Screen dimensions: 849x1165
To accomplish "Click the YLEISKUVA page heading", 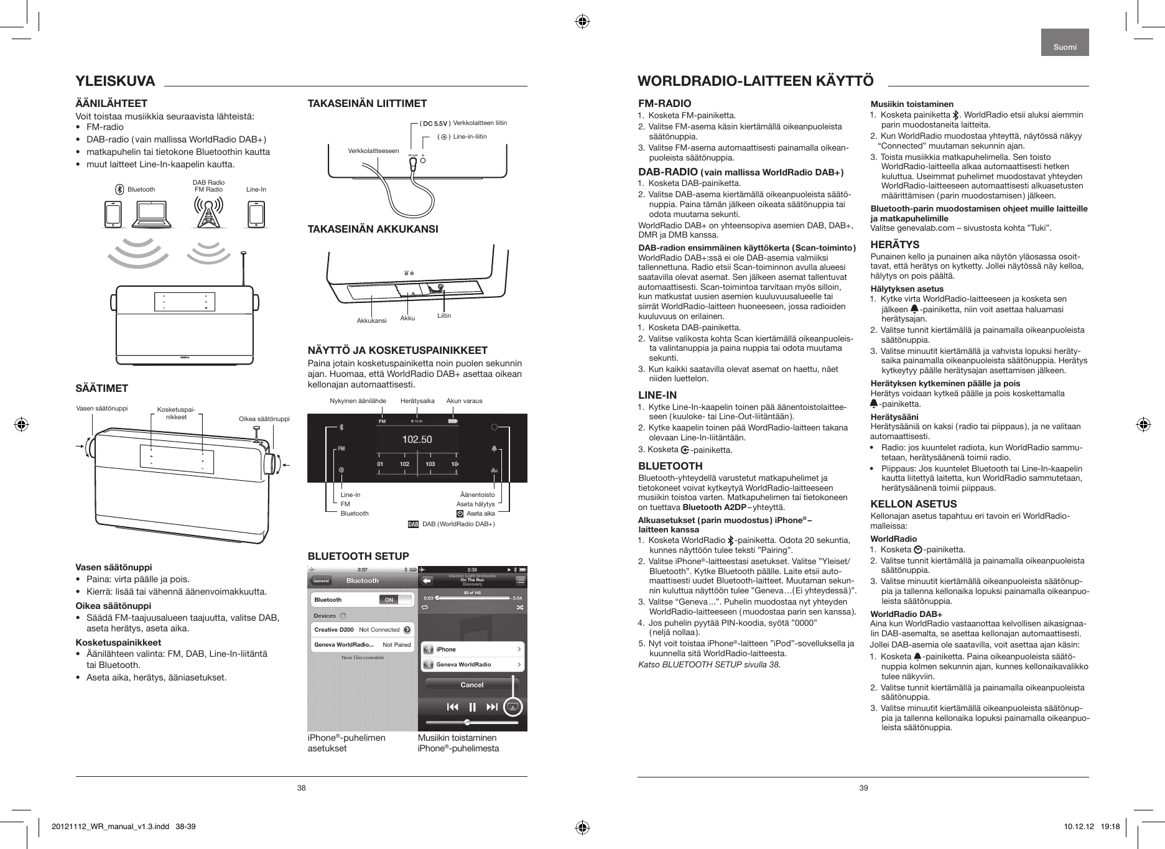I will [115, 81].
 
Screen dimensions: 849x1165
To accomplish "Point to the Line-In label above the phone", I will [256, 189].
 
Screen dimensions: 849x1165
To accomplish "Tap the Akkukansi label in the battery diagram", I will [371, 321].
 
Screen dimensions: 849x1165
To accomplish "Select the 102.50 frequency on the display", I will [417, 440].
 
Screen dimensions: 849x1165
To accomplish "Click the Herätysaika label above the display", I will [417, 401].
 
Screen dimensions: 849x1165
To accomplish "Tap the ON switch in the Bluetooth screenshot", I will [389, 600].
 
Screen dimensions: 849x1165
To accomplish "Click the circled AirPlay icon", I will [513, 707].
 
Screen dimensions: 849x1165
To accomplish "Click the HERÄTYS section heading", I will [894, 244].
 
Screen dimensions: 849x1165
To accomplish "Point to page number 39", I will [863, 788].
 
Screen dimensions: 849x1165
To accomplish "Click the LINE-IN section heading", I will [657, 395].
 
